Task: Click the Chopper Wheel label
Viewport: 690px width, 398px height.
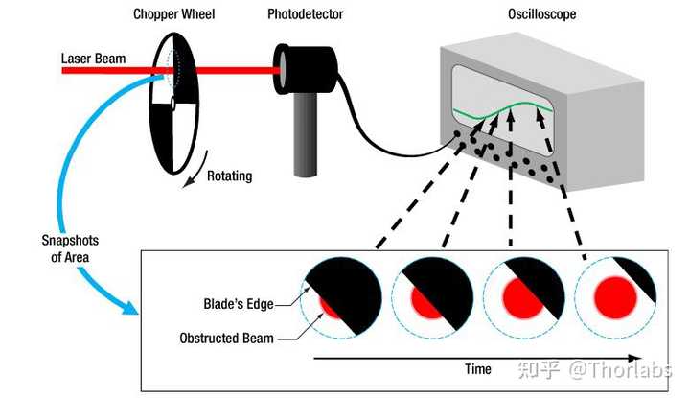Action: coord(173,14)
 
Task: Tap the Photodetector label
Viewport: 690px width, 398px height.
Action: coord(306,14)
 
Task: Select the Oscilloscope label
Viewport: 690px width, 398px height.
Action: coord(542,14)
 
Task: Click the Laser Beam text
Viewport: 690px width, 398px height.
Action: coord(93,59)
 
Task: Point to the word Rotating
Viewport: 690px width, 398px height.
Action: coord(230,176)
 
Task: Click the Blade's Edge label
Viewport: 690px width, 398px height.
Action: coord(239,304)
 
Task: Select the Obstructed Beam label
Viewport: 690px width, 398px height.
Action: coord(226,339)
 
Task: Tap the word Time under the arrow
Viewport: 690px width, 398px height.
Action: coord(478,369)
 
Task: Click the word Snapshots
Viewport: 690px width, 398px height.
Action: coord(70,241)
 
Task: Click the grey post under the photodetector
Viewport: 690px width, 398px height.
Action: coord(306,134)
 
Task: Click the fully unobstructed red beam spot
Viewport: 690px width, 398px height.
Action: coord(615,297)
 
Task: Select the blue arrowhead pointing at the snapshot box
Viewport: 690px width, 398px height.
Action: coord(129,307)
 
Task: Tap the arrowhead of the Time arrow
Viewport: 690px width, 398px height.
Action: coord(635,358)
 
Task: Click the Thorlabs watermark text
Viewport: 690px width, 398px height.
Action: coord(620,369)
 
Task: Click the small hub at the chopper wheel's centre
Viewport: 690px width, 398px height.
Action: coord(172,104)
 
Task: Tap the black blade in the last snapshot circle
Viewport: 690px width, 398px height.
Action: coord(638,277)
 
